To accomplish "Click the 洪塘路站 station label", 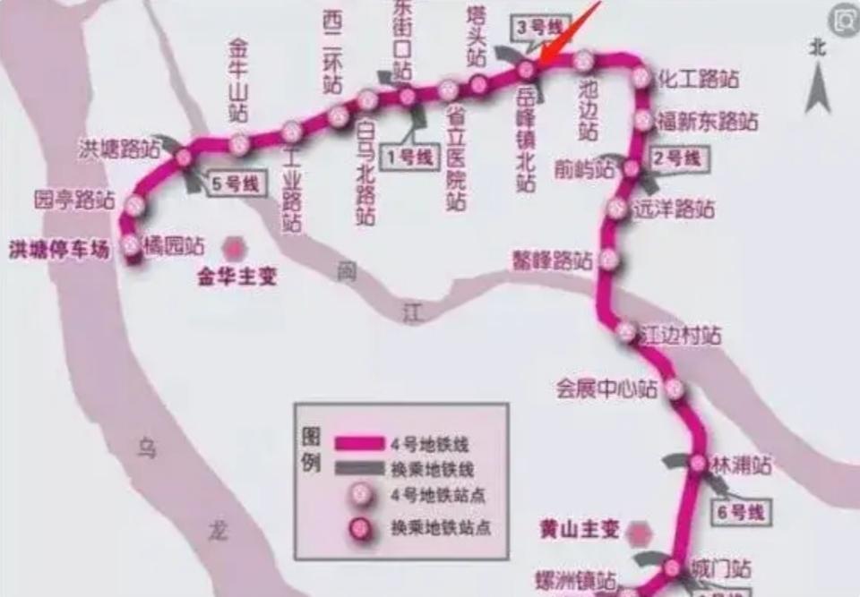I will pos(119,149).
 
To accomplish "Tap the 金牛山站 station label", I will pos(237,81).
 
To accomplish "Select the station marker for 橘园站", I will pos(132,243).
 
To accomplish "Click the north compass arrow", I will pos(817,85).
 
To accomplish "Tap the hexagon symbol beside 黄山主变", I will pos(639,533).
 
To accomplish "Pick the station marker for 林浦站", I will pos(698,464).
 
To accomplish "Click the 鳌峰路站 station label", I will pos(552,260).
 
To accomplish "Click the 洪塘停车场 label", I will pos(59,250).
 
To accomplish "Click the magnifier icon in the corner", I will pos(842,19).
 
